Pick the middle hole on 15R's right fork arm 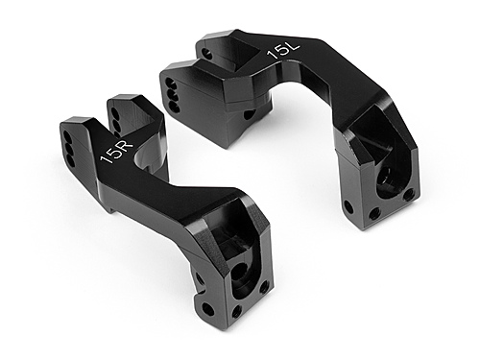click(116, 120)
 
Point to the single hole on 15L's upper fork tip click(249, 114)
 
